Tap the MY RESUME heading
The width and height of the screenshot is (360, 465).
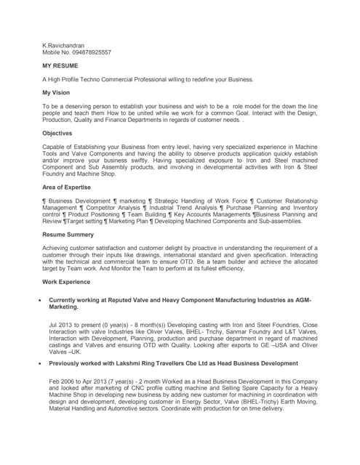click(60, 66)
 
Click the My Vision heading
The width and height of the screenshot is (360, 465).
click(59, 93)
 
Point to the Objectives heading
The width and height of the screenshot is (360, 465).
click(58, 133)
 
